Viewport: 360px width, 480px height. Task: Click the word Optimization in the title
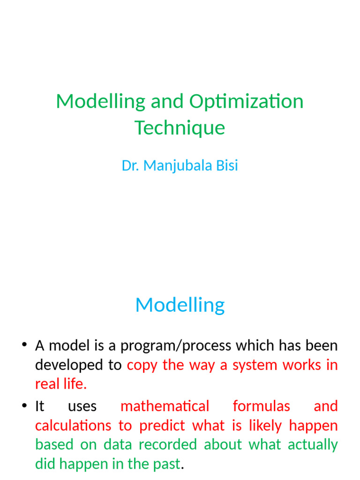pos(246,102)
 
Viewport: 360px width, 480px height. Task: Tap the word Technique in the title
pos(180,127)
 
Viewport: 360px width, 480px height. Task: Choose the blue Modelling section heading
pos(180,305)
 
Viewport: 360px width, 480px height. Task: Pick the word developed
pos(62,366)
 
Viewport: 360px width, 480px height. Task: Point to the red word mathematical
pos(165,406)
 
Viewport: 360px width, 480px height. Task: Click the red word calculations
pos(73,426)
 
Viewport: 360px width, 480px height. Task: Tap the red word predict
pos(162,426)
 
